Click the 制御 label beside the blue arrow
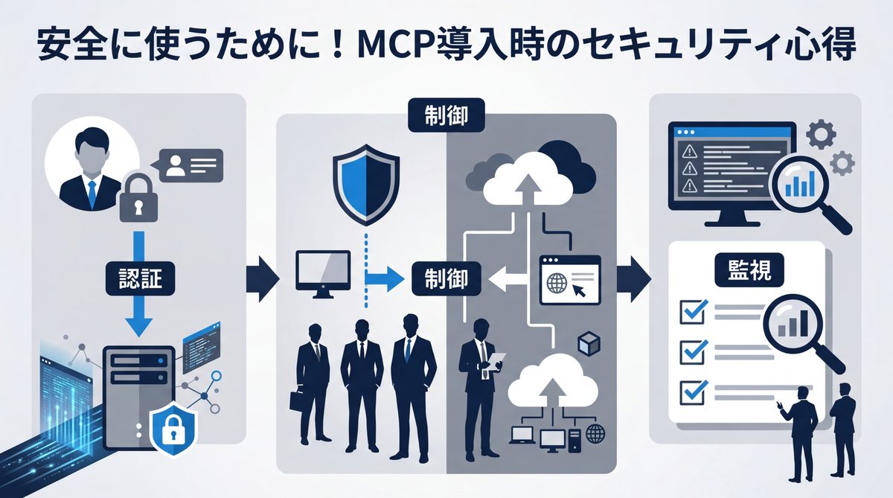pyautogui.click(x=446, y=279)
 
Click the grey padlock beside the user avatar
pyautogui.click(x=139, y=197)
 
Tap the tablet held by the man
pyautogui.click(x=497, y=363)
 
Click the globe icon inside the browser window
pyautogui.click(x=557, y=284)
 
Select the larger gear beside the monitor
pyautogui.click(x=821, y=135)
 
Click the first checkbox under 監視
pyautogui.click(x=692, y=312)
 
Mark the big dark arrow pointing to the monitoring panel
pyautogui.click(x=636, y=280)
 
